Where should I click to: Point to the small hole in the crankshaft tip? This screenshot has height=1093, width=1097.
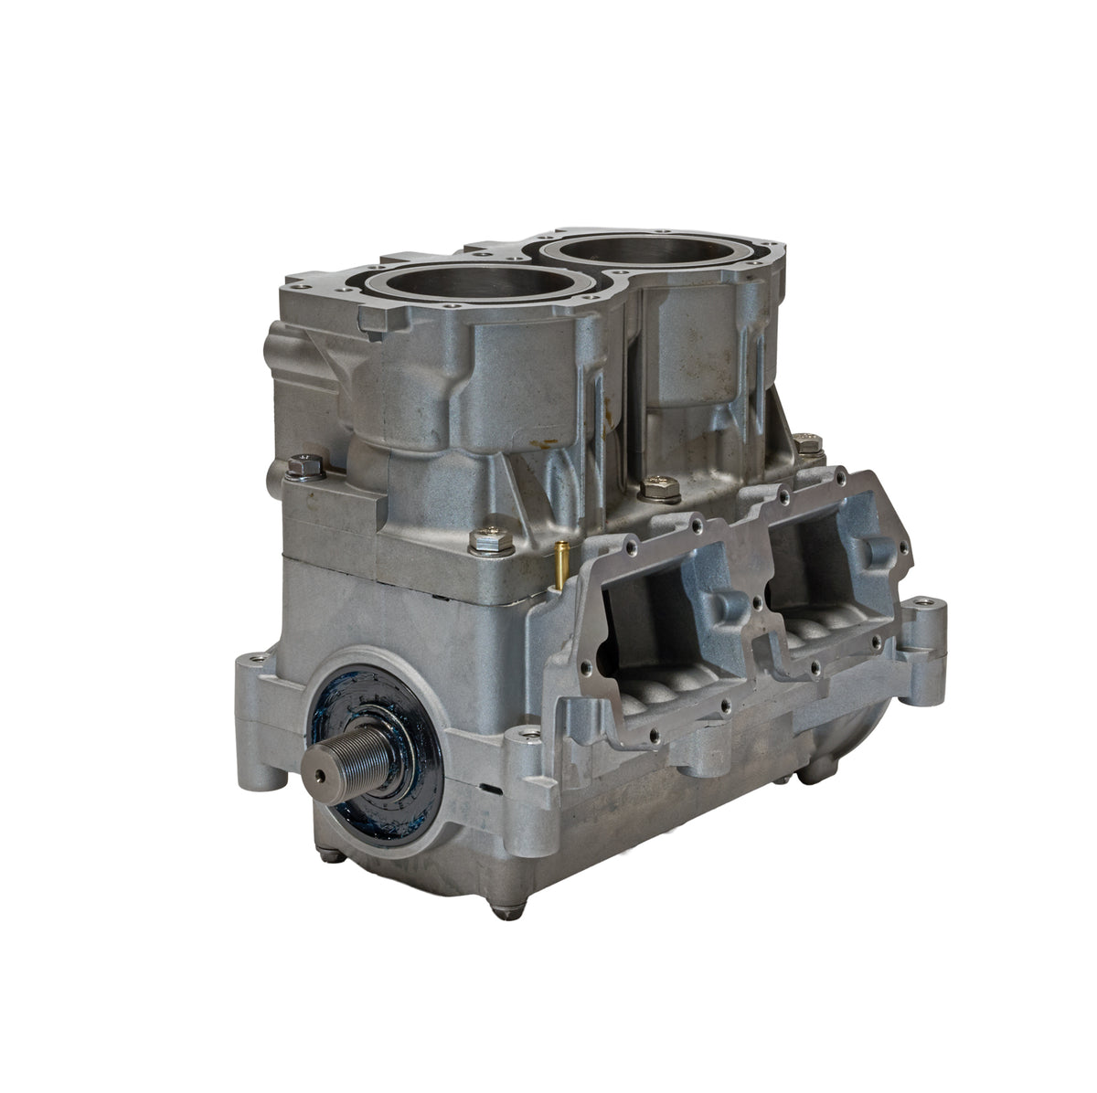tap(319, 773)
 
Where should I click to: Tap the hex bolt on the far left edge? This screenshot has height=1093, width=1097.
tap(305, 467)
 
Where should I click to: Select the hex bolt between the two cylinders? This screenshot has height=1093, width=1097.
tap(659, 488)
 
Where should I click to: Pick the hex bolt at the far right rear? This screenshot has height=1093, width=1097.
tap(807, 445)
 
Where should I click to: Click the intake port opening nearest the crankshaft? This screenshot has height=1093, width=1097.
tap(672, 631)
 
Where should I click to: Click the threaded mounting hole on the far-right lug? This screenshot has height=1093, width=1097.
tap(929, 604)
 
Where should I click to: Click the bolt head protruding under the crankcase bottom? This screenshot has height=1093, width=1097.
tap(505, 910)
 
